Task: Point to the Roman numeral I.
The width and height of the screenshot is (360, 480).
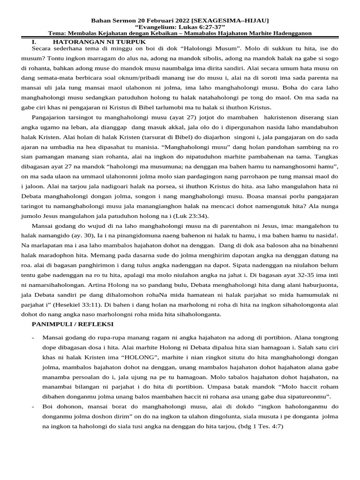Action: [34, 41]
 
